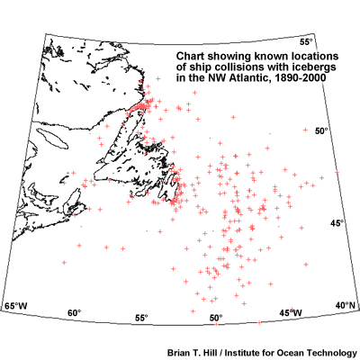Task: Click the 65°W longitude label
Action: (17, 308)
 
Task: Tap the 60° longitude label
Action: (75, 313)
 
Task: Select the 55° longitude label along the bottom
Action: (141, 319)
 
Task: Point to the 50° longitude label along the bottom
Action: (216, 319)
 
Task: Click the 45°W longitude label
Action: (290, 312)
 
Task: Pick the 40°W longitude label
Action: (346, 306)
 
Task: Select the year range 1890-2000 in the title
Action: (292, 78)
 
